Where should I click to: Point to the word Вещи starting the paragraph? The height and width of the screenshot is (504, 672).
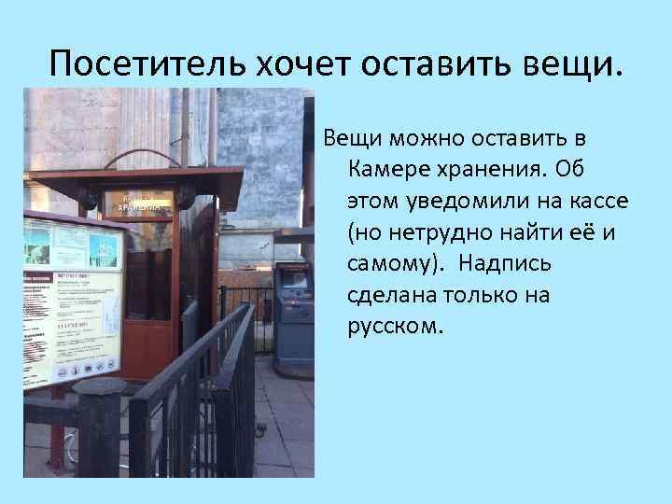[350, 139]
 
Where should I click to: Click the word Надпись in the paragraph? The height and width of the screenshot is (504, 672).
[509, 264]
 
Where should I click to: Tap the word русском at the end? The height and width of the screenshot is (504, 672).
[392, 327]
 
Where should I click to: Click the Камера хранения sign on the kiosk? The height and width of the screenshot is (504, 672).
[136, 203]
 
